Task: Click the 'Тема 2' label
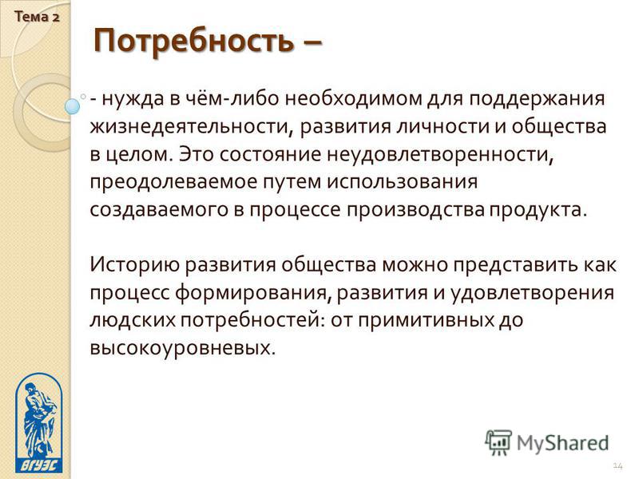[x=37, y=17]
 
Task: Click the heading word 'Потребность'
[x=193, y=42]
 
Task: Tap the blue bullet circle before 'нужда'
[x=73, y=106]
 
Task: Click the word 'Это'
[x=196, y=155]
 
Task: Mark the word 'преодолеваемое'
[x=173, y=183]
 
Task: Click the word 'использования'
[x=403, y=183]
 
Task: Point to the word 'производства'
[x=416, y=210]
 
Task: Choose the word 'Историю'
[x=134, y=265]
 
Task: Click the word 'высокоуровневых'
[x=182, y=349]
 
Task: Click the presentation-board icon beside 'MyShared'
[x=498, y=443]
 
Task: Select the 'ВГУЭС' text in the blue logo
[x=39, y=465]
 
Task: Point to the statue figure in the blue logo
[x=39, y=420]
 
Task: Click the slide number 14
[x=617, y=466]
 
